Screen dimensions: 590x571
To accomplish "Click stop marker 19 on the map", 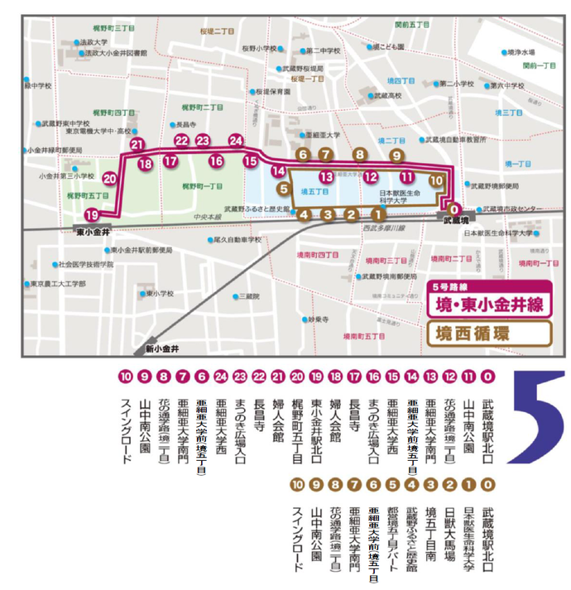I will click(91, 214).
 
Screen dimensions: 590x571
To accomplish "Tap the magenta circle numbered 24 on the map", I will click(236, 141).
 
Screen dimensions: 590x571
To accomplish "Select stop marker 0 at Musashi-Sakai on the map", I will click(453, 209).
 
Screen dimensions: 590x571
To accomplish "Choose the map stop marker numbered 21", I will click(137, 145).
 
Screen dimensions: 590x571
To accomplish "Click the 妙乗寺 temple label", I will click(318, 319).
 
